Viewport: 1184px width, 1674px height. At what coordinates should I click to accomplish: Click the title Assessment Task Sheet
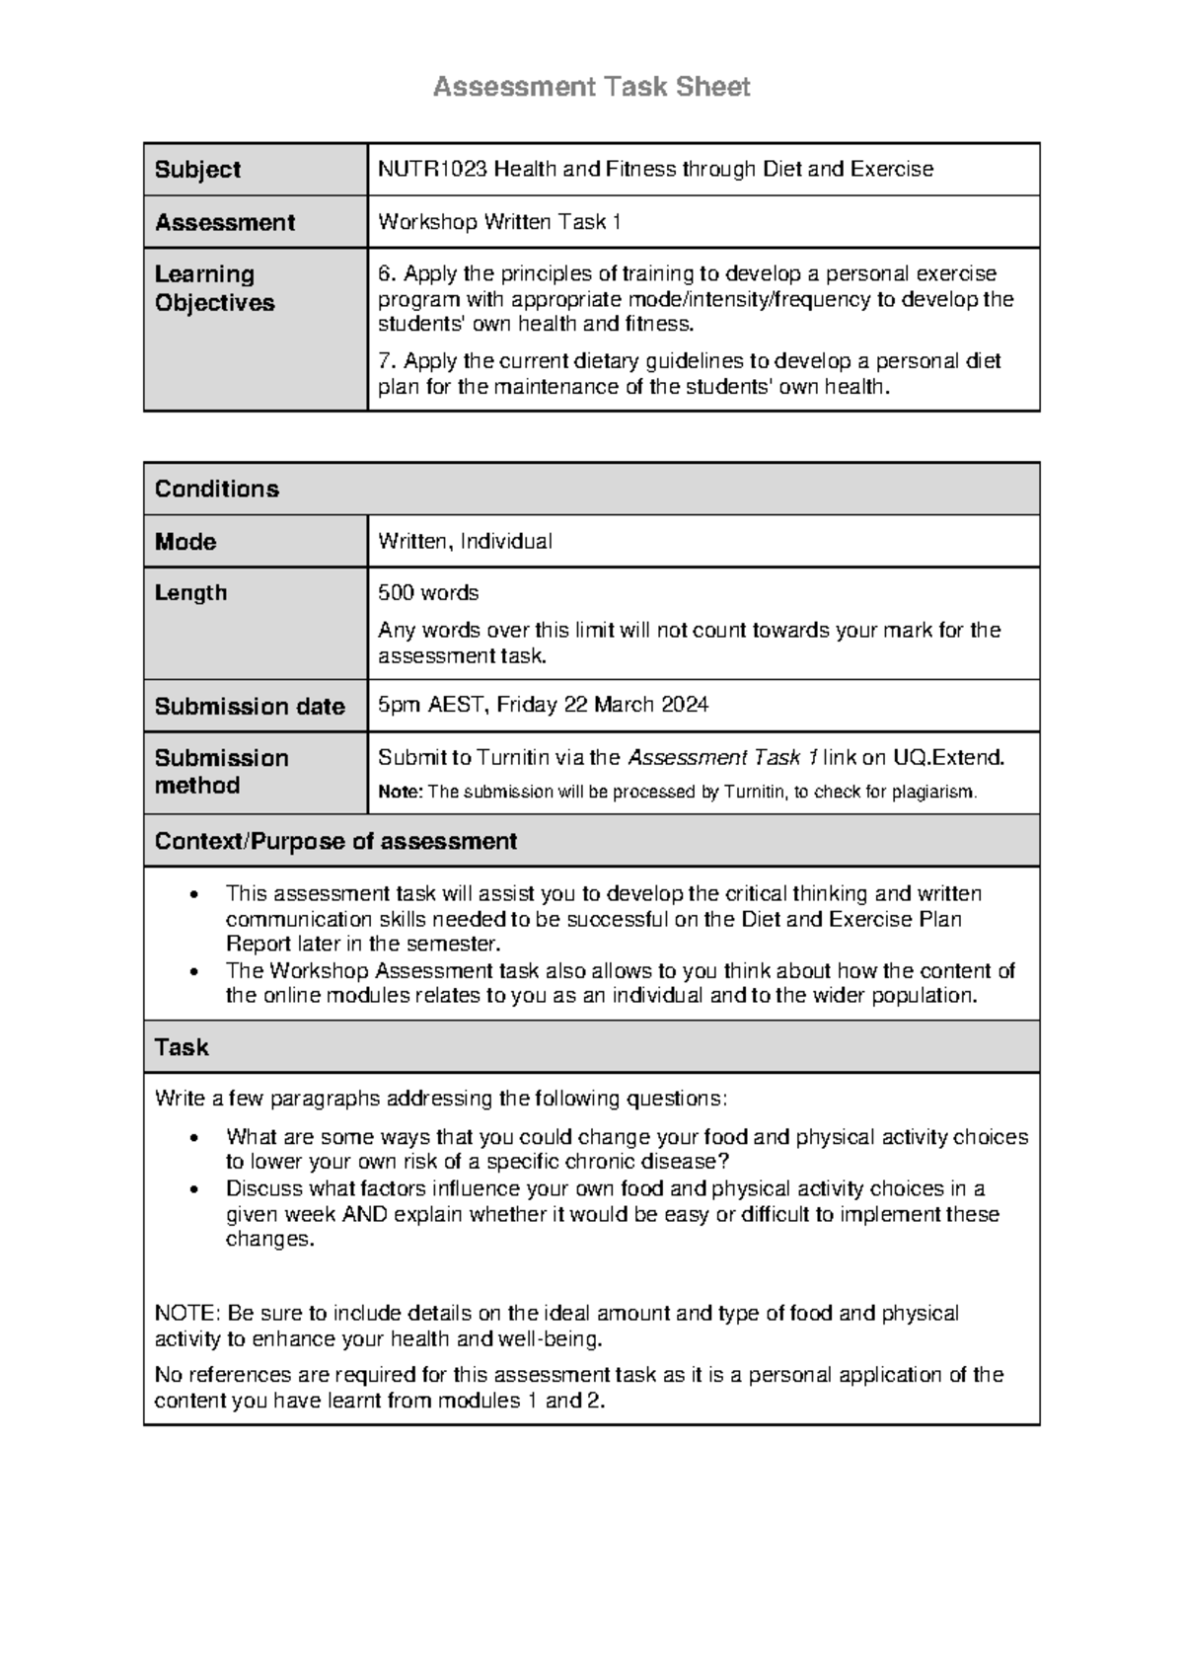591,87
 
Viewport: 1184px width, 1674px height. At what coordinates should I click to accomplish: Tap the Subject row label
197,170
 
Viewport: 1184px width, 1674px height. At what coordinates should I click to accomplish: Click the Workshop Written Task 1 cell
499,222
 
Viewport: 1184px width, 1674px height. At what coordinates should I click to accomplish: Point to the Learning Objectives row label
214,288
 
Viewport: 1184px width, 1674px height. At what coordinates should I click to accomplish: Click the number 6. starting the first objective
387,273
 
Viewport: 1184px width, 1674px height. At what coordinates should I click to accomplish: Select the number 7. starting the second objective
387,360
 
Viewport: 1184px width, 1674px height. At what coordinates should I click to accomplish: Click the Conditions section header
217,489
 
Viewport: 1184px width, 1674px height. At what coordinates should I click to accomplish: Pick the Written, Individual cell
465,541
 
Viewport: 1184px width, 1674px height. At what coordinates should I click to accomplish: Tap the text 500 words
428,593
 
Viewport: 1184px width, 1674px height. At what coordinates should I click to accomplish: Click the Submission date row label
250,707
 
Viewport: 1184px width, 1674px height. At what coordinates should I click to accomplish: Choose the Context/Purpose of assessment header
335,841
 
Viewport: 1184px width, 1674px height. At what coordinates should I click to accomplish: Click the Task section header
182,1047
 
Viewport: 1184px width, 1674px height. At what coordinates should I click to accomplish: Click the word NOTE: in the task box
187,1314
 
